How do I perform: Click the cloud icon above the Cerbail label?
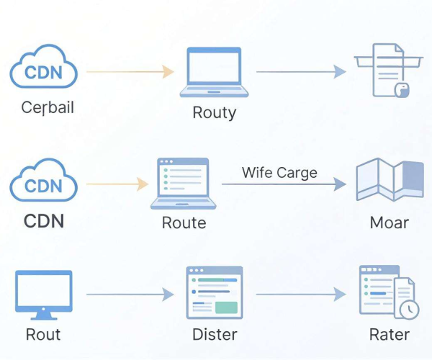click(43, 67)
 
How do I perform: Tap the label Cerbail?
click(48, 107)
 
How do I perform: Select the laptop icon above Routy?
click(214, 72)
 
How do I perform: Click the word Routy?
click(215, 112)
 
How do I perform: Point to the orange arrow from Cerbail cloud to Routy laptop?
click(130, 72)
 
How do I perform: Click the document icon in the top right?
click(389, 71)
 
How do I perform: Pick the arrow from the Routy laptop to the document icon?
click(301, 72)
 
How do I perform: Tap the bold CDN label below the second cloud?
click(44, 221)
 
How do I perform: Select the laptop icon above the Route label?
click(183, 184)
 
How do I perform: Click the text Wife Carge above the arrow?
click(279, 173)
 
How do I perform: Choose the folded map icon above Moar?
click(390, 179)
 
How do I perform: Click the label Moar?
click(390, 222)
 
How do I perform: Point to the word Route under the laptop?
click(184, 222)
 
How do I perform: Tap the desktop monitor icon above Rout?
click(44, 295)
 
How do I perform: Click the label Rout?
click(43, 335)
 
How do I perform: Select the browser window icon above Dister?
click(215, 292)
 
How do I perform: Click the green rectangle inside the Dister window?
click(226, 307)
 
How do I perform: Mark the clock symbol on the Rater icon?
click(410, 310)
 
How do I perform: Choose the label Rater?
click(390, 335)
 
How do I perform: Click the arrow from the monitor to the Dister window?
click(130, 294)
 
